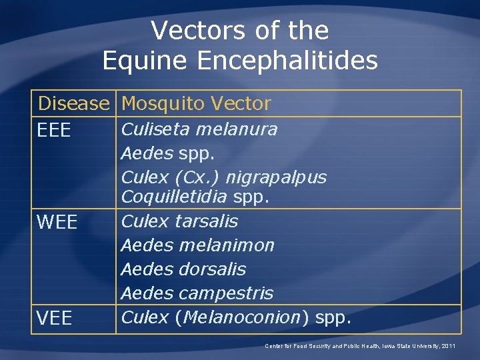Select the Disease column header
point(73,104)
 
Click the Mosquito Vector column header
point(197,104)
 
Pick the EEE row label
point(54,131)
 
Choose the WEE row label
point(58,222)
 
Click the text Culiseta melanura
point(199,129)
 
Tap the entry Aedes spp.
point(167,154)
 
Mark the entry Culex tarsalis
point(179,221)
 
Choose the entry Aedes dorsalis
point(183,269)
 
